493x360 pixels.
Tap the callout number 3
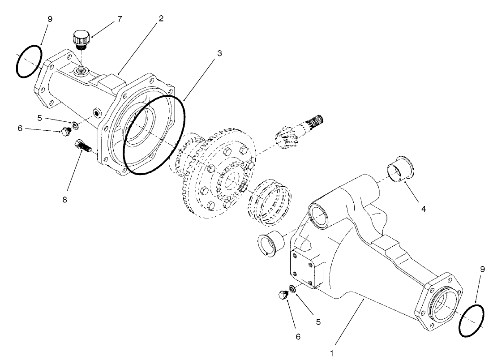219,52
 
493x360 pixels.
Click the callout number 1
332,353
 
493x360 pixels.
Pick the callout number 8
65,200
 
